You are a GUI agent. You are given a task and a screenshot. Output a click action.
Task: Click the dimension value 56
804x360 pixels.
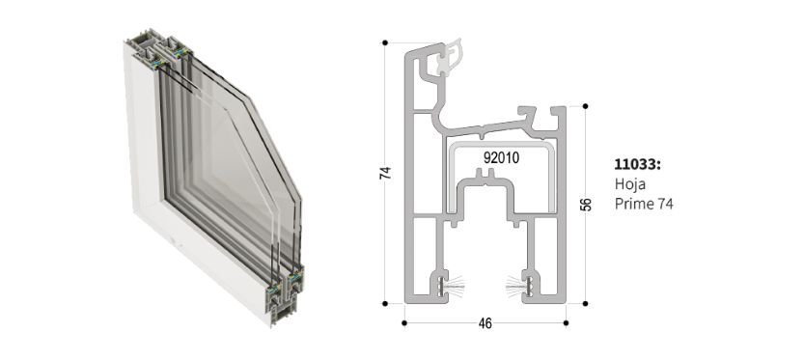tap(587, 204)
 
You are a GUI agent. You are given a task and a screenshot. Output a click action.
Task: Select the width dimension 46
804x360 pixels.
tap(485, 323)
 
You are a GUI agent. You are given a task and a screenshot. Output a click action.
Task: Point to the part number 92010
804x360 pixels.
tap(501, 158)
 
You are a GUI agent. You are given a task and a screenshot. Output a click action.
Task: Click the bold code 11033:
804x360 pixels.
tap(638, 165)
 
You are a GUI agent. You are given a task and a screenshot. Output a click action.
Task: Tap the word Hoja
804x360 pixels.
tap(630, 184)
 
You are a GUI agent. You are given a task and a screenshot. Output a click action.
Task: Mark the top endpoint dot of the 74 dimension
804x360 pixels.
tap(385, 42)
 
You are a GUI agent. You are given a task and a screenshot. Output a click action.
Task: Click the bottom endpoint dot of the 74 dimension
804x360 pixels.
tap(385, 304)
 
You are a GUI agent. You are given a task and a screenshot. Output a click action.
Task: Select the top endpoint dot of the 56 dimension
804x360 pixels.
tap(586, 106)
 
